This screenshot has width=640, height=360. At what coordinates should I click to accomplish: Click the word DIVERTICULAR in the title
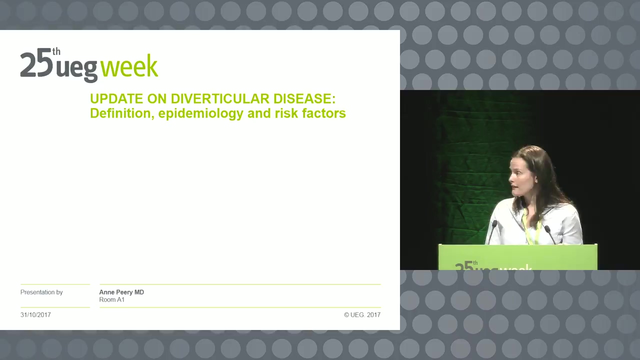(220, 99)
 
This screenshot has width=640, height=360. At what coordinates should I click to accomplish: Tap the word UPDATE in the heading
(116, 99)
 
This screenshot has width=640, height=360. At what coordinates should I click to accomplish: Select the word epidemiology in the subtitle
(200, 113)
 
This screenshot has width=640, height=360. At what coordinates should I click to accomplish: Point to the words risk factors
(310, 113)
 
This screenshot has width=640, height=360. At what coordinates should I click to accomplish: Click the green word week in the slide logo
(129, 66)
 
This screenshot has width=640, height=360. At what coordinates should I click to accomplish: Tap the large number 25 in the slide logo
(36, 64)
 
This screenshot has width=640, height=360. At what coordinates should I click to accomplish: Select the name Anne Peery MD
(121, 292)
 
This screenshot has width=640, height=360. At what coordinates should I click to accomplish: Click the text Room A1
(111, 299)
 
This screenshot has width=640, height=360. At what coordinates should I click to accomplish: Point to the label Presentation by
(41, 292)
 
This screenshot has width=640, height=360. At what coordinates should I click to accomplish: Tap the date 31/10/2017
(35, 315)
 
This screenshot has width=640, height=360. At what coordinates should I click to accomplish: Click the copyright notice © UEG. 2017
(362, 315)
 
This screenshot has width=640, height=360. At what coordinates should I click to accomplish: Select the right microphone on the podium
(549, 234)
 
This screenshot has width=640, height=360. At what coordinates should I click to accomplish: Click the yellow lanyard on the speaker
(531, 228)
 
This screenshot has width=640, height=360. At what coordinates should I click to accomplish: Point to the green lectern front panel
(517, 257)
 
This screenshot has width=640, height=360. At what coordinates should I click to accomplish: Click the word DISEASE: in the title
(304, 99)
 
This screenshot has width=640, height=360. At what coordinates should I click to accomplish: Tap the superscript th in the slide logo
(56, 51)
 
